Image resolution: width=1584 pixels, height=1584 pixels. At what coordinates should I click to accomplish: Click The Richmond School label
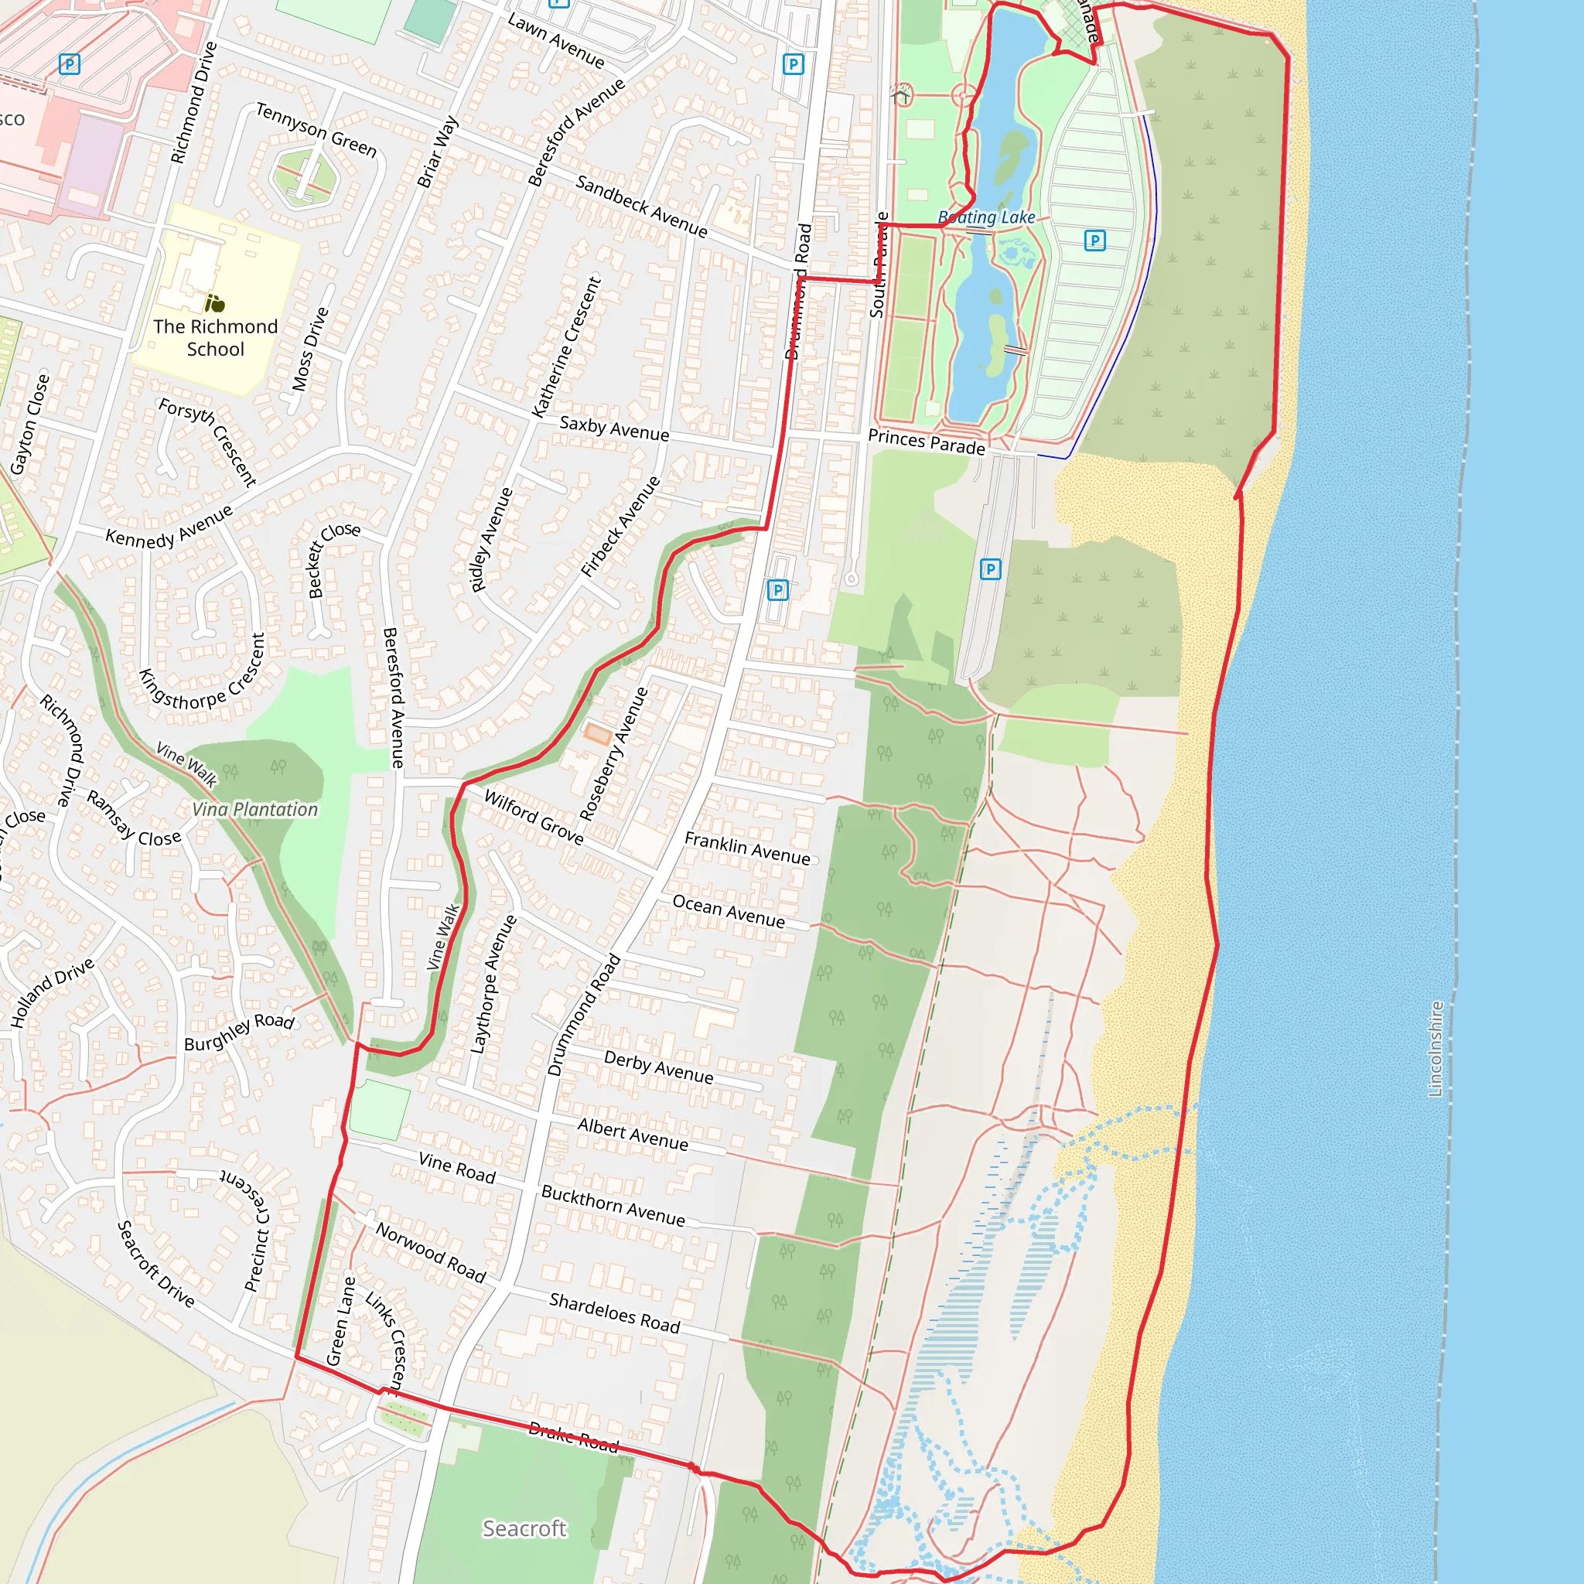point(216,338)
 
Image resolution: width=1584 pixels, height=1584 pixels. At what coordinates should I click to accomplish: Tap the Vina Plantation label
point(255,809)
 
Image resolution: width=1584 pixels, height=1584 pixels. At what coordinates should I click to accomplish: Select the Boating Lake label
point(986,217)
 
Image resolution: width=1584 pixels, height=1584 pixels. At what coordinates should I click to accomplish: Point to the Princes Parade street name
point(927,442)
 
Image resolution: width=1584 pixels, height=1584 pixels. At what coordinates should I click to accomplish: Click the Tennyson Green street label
point(316,129)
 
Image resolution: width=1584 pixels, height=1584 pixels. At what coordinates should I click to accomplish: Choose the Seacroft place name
point(524,1528)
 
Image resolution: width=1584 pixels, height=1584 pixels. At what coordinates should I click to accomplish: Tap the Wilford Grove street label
point(534,817)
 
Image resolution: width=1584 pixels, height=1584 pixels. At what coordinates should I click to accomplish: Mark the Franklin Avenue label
point(747,848)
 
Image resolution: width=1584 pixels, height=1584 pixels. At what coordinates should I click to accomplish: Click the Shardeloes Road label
point(615,1313)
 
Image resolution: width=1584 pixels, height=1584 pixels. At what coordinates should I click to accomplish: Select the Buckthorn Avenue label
point(613,1205)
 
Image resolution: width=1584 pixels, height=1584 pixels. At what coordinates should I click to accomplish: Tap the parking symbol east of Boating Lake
point(1094,241)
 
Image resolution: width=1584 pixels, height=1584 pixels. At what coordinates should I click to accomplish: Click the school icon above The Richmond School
point(215,303)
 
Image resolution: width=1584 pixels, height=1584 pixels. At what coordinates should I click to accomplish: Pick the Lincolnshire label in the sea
point(1435,1049)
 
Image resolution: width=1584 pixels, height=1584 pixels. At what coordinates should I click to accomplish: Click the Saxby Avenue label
point(614,428)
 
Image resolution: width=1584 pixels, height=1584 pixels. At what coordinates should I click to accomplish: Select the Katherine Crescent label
point(566,346)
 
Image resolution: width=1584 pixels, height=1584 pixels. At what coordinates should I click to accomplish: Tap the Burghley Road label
point(238,1033)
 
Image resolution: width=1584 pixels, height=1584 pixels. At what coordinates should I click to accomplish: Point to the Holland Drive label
point(52,993)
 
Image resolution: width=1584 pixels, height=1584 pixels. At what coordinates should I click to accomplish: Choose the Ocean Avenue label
point(728,912)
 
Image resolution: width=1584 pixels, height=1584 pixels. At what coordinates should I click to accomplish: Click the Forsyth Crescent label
point(207,442)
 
